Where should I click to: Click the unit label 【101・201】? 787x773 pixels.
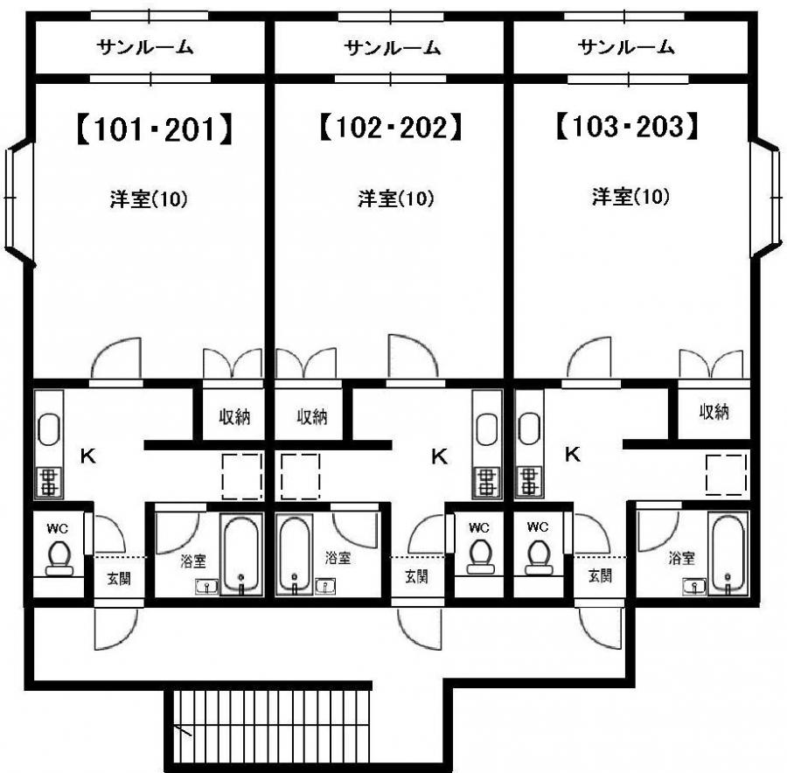[x=155, y=129]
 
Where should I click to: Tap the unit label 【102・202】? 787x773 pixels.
[x=391, y=127]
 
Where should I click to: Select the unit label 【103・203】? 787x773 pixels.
[x=627, y=126]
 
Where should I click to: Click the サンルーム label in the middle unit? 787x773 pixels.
[x=393, y=48]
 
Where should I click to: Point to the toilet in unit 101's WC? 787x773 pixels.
[x=59, y=558]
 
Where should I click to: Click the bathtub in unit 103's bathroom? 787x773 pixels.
[x=728, y=554]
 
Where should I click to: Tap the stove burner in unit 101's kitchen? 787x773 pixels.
[x=49, y=482]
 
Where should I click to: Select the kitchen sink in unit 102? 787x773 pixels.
[x=486, y=429]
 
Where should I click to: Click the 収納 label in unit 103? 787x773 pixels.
[x=714, y=412]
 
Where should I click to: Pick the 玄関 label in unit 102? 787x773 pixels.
[x=416, y=576]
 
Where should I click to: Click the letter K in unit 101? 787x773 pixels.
[x=87, y=456]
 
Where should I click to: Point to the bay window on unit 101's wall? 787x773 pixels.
[x=18, y=198]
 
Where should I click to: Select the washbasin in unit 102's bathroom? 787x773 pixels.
[x=324, y=585]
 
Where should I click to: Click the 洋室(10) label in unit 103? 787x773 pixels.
[x=630, y=196]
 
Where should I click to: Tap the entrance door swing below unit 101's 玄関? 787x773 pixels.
[x=115, y=630]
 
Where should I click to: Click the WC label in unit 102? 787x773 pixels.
[x=479, y=527]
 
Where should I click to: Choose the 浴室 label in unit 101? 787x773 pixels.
[x=193, y=561]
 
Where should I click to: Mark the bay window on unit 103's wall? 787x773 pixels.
[x=766, y=198]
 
